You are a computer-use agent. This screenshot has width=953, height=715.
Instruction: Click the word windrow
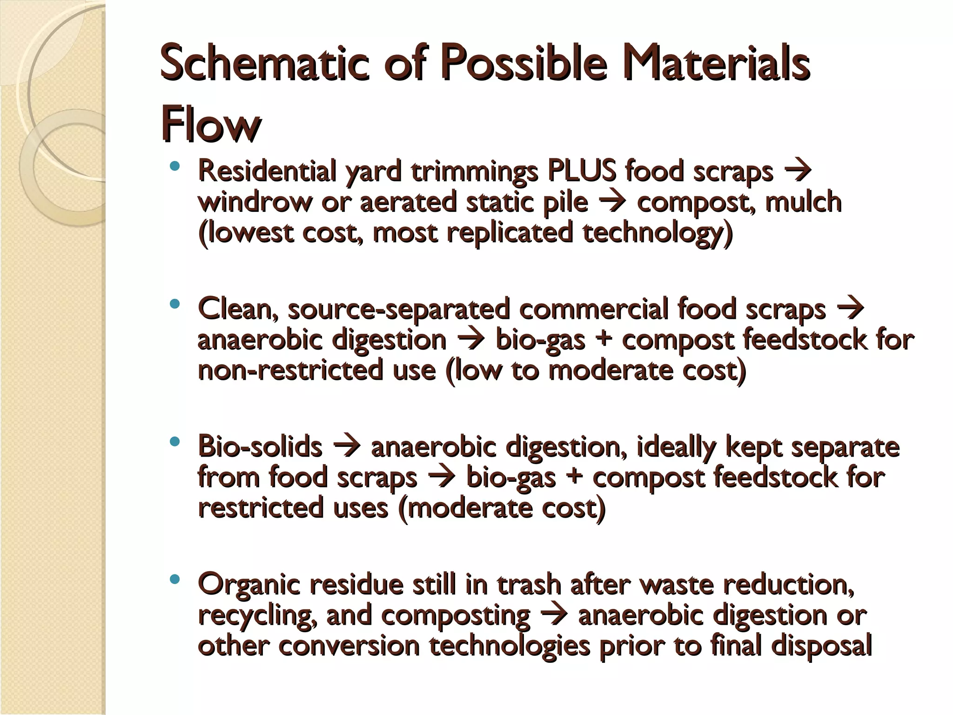[x=255, y=202]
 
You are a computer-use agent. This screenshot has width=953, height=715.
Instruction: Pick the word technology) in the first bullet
[x=658, y=233]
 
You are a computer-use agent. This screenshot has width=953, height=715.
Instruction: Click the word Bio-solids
[x=260, y=446]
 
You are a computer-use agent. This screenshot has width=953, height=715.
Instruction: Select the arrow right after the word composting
[x=554, y=615]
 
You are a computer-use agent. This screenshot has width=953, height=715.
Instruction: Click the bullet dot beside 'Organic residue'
[x=174, y=580]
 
